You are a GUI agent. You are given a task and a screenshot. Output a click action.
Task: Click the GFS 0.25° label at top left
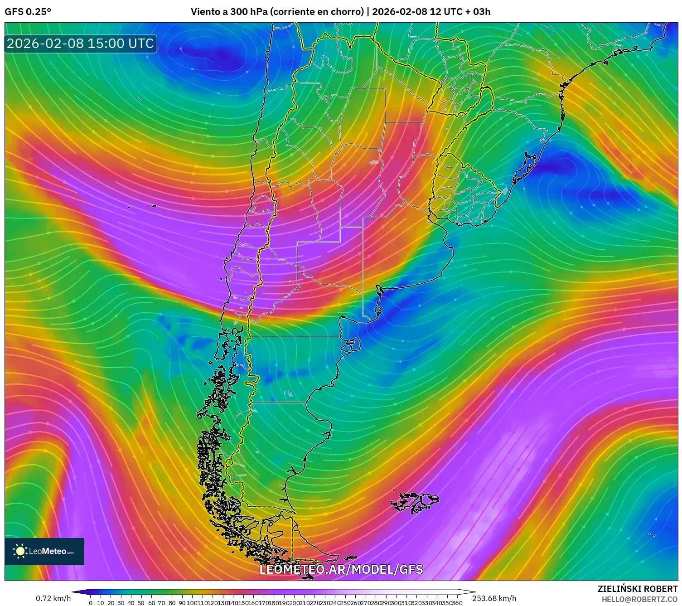pyautogui.click(x=28, y=12)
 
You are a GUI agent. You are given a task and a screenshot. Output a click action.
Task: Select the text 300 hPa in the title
pyautogui.click(x=249, y=12)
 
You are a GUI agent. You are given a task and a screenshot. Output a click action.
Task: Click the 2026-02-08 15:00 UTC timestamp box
pyautogui.click(x=81, y=44)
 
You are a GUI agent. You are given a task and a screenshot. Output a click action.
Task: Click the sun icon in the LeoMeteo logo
pyautogui.click(x=20, y=551)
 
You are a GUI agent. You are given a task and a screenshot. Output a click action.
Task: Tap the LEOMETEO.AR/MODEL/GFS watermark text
pyautogui.click(x=341, y=569)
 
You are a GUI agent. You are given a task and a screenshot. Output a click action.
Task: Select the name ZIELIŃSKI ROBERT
pyautogui.click(x=637, y=589)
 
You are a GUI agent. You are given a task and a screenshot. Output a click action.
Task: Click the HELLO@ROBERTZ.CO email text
pyautogui.click(x=639, y=599)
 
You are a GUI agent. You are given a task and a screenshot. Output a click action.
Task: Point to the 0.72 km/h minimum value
pyautogui.click(x=53, y=598)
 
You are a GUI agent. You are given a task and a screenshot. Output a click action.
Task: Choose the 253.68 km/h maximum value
pyautogui.click(x=494, y=598)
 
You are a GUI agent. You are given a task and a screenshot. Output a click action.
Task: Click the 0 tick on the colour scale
pyautogui.click(x=91, y=603)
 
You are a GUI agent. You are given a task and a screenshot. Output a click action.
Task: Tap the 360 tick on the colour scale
pyautogui.click(x=457, y=603)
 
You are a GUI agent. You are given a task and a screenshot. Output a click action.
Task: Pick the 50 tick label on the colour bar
pyautogui.click(x=141, y=603)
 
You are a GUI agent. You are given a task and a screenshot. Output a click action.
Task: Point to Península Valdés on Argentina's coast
pyautogui.click(x=354, y=345)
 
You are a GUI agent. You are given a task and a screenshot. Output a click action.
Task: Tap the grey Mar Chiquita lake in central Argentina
pyautogui.click(x=373, y=162)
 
